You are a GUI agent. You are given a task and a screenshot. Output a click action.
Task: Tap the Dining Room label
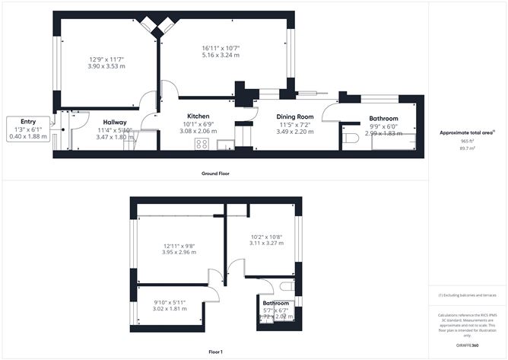click(x=291, y=116)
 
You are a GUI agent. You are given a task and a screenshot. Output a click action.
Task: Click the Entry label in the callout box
click(x=28, y=122)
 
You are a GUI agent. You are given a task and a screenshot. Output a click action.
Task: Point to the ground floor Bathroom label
click(x=383, y=119)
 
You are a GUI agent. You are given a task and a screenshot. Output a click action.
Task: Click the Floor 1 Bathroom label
click(x=275, y=303)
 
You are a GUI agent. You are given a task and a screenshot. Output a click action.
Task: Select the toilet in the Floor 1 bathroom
click(x=286, y=287)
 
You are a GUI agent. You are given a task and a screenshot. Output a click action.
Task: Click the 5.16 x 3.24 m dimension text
click(x=221, y=56)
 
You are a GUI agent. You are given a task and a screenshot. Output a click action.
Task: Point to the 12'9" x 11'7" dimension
click(x=106, y=60)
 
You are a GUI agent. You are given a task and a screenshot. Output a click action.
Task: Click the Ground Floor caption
click(x=216, y=174)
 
